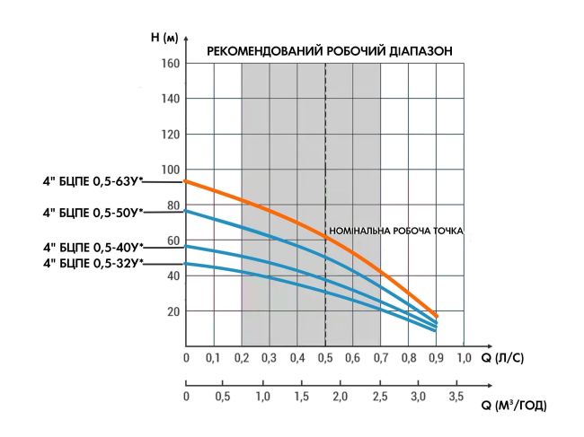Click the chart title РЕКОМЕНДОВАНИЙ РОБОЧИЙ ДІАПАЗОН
click(330, 51)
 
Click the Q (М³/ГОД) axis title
click(513, 406)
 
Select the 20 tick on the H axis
click(171, 311)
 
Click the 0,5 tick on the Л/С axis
click(324, 359)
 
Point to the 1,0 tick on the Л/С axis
click(463, 359)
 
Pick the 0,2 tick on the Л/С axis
click(242, 359)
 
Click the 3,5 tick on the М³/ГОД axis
click(456, 396)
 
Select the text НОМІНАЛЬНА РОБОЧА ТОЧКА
click(396, 231)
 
